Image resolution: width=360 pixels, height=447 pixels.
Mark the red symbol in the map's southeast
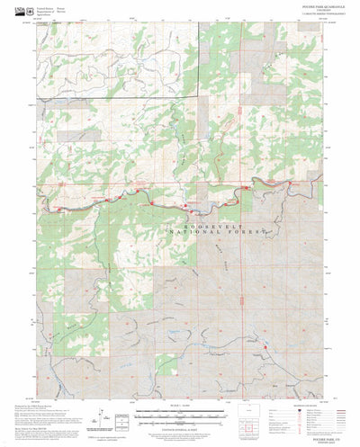coord(266,342)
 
